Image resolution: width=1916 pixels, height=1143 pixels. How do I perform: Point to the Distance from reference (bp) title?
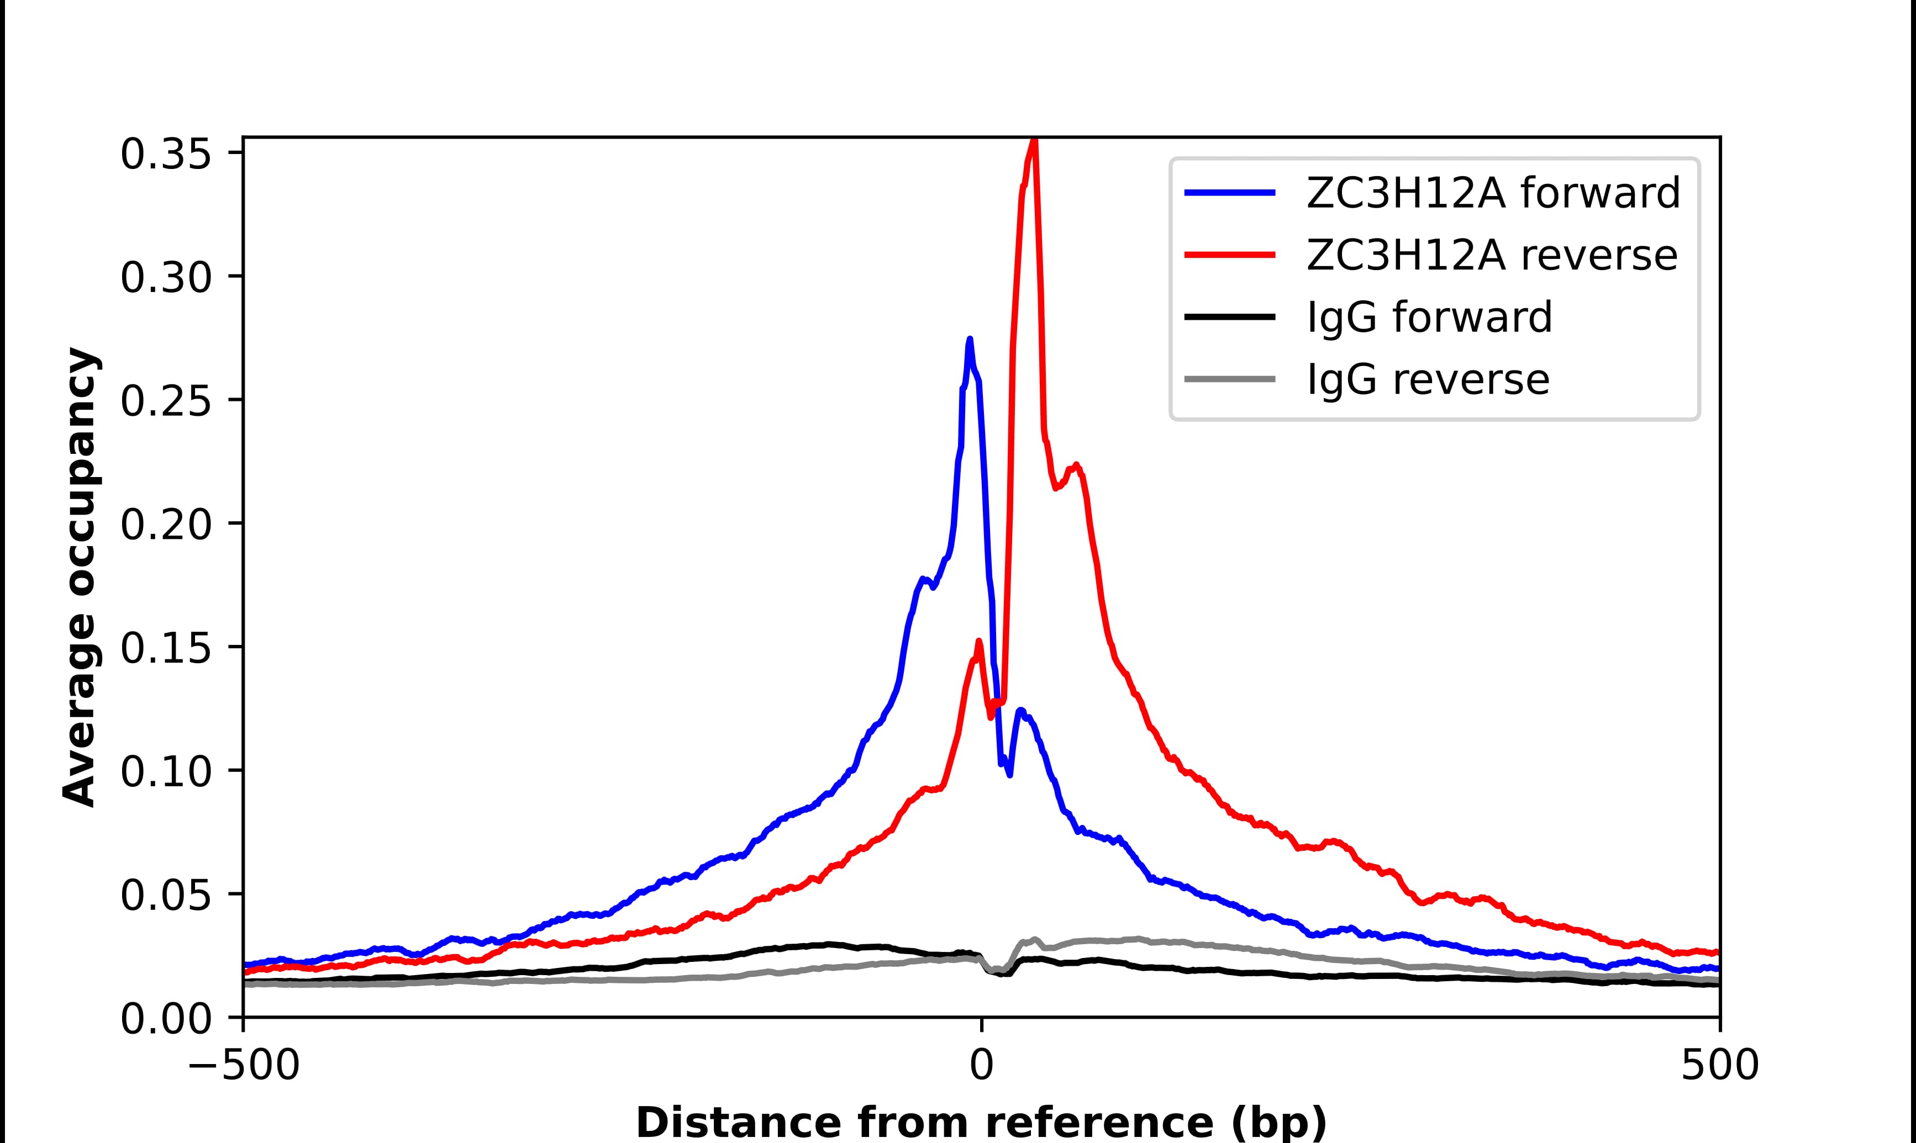click(981, 1122)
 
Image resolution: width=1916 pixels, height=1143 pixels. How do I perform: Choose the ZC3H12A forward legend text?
click(1493, 193)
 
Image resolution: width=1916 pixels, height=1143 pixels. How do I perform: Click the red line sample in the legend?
click(1230, 255)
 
